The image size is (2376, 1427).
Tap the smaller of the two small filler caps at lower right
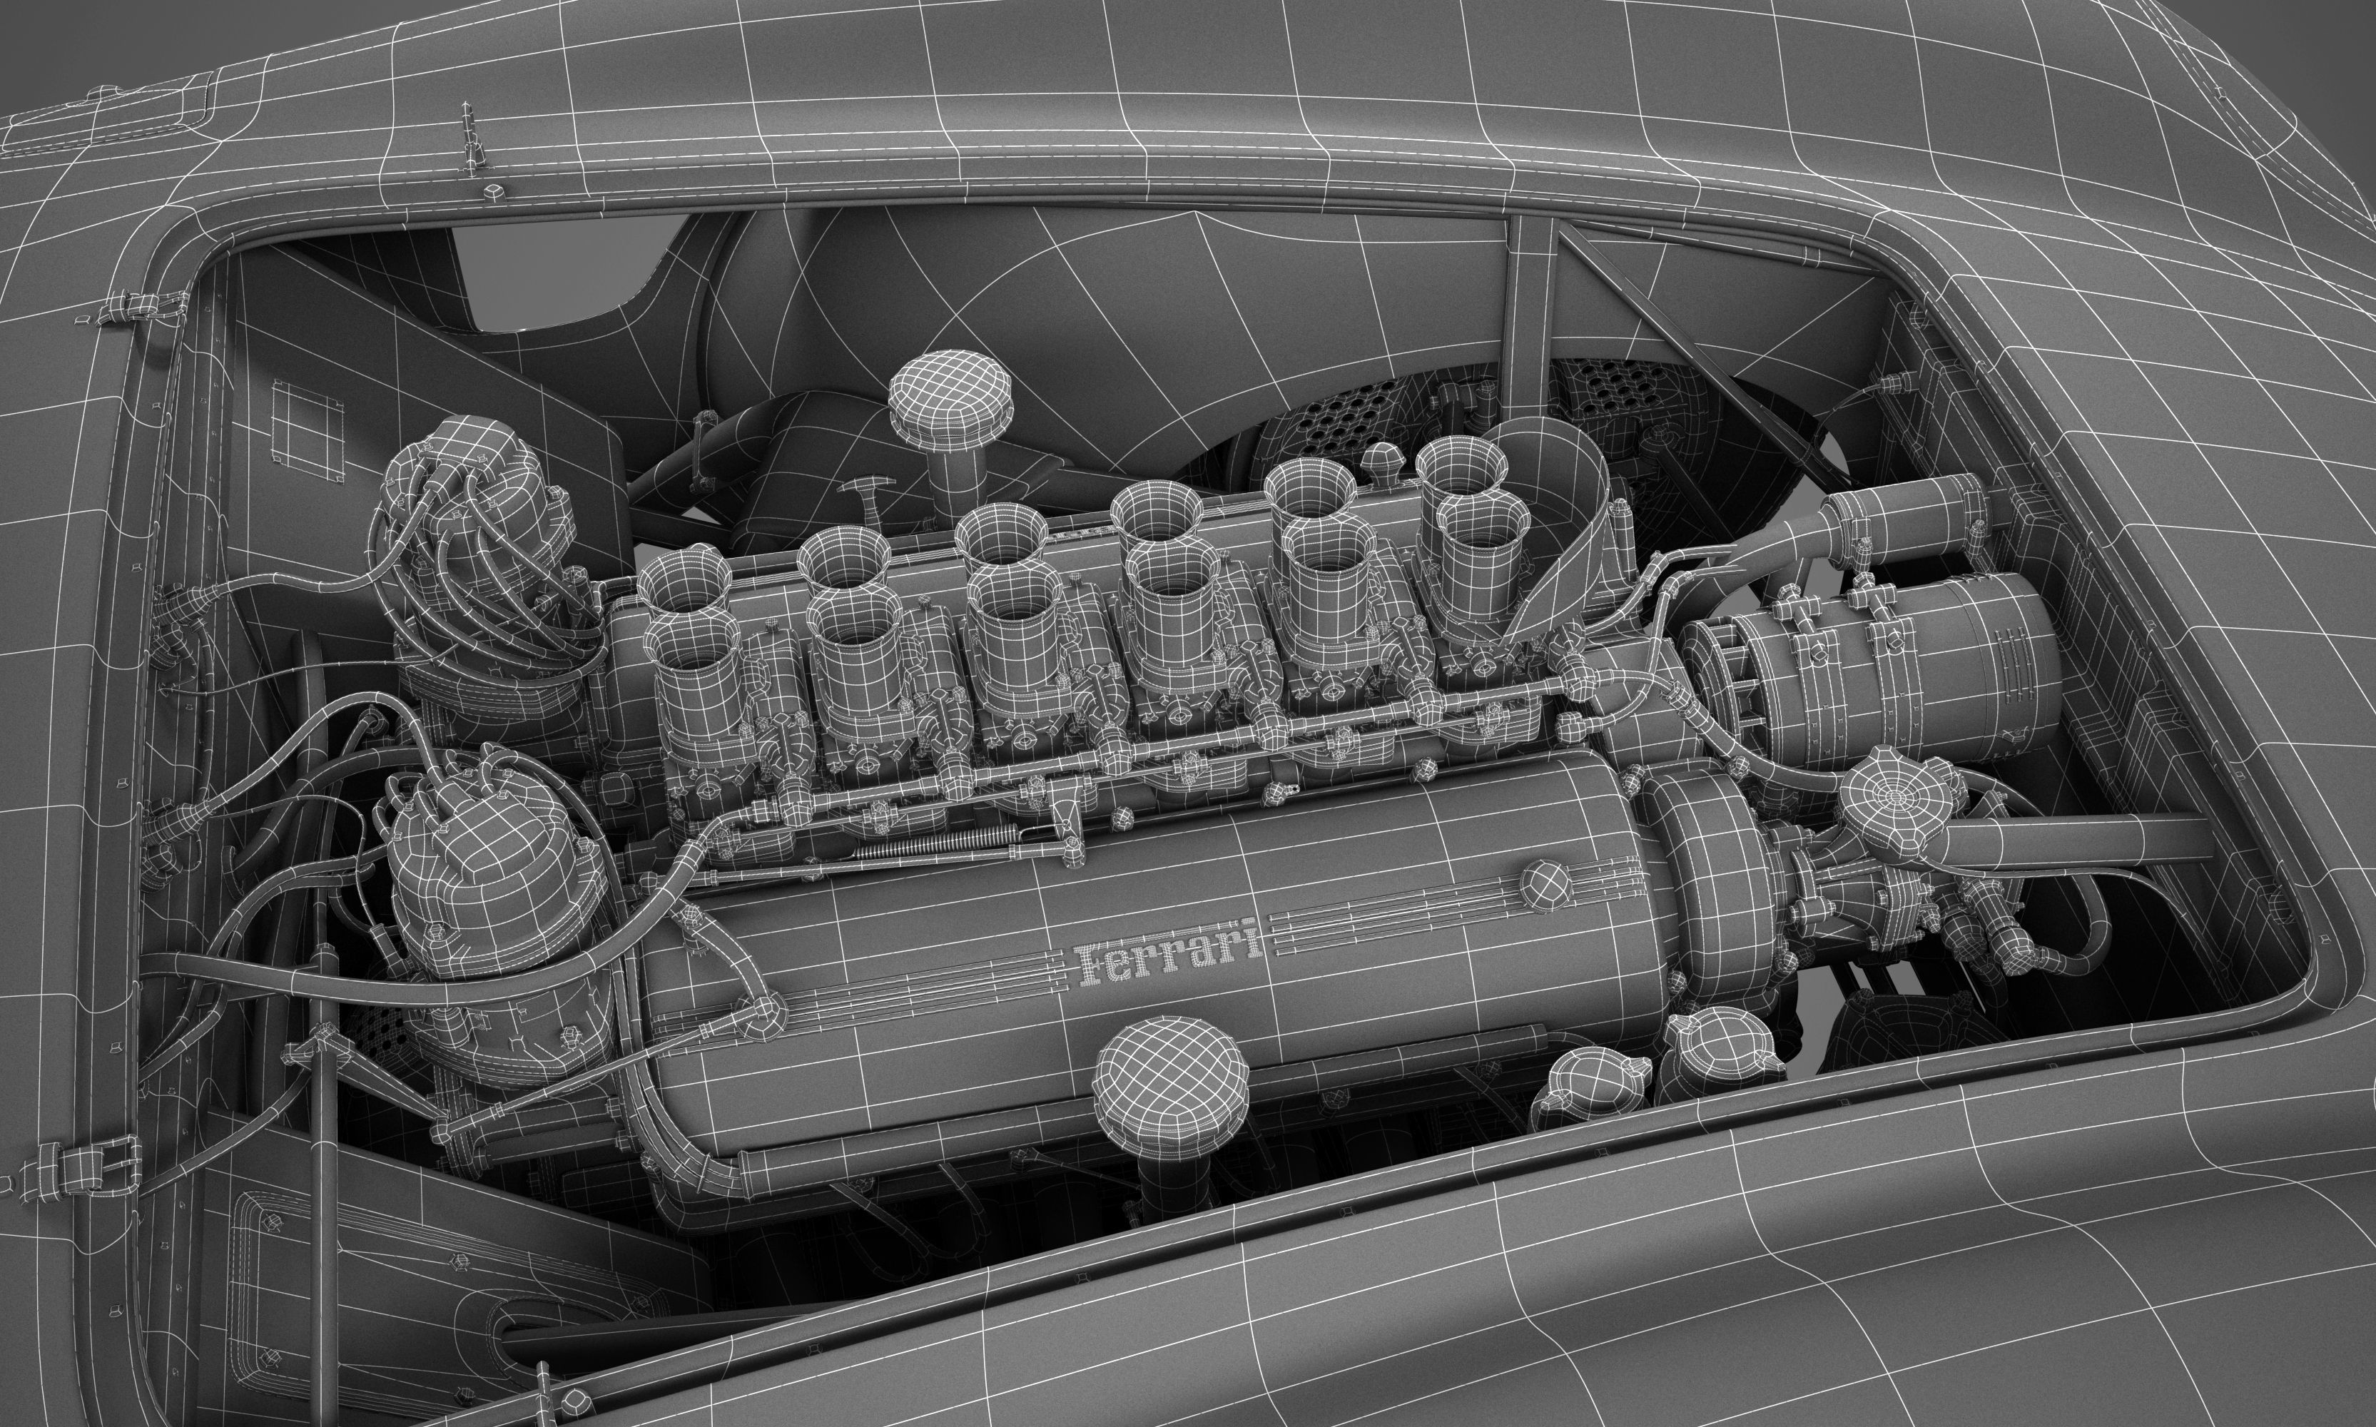(1587, 1087)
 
